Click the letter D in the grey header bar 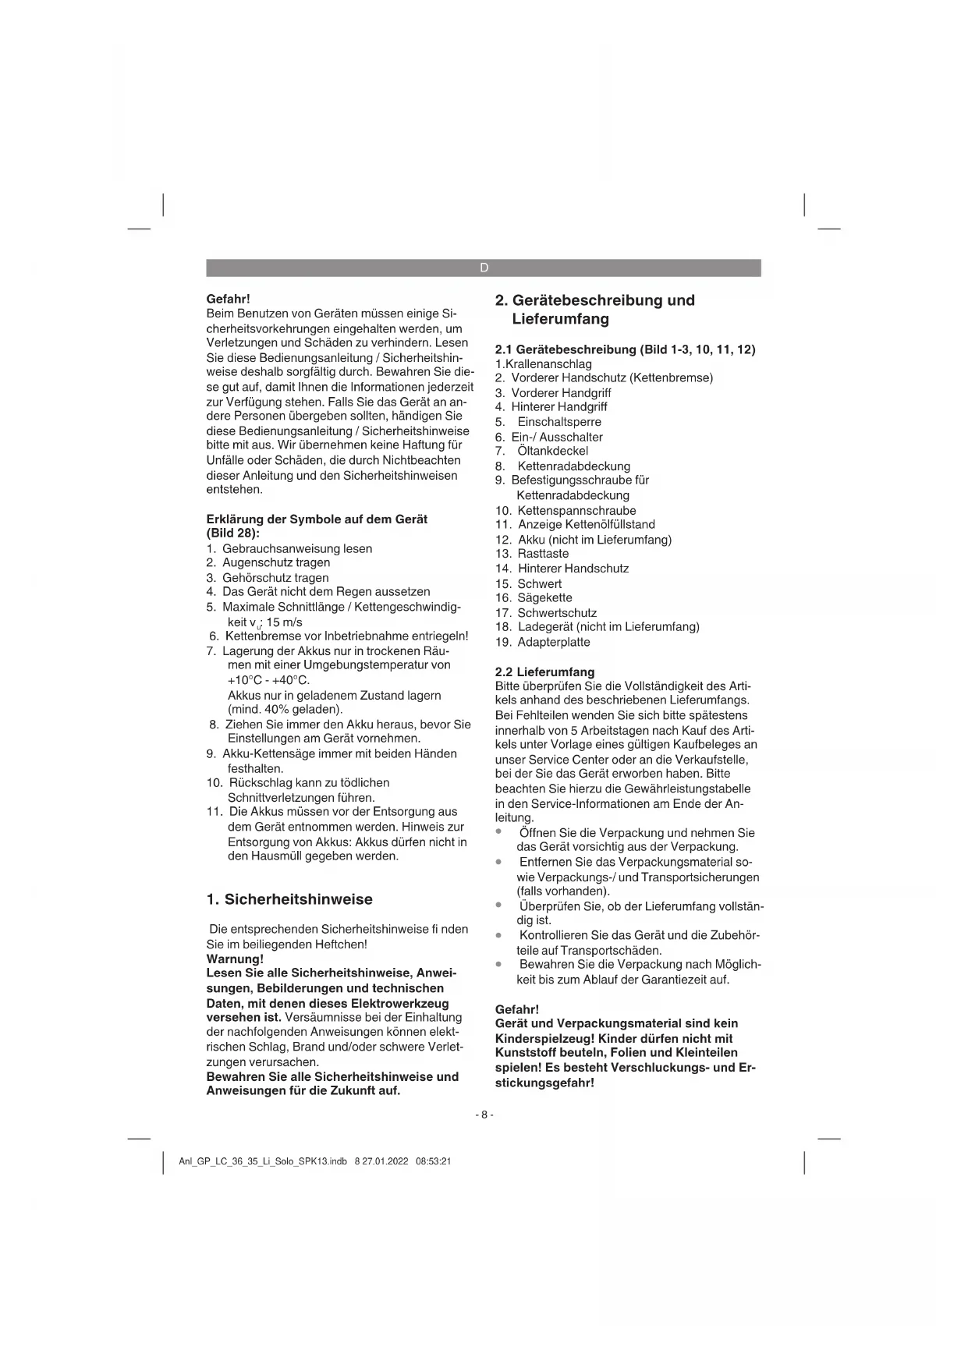pos(484,268)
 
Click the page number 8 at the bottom pos(484,1115)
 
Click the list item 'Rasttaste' pos(543,554)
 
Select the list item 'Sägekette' pos(544,598)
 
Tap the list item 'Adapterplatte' pos(554,643)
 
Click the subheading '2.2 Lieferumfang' pos(544,672)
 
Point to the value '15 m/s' pos(284,622)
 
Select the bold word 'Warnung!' pos(235,959)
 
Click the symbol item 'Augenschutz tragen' pos(276,562)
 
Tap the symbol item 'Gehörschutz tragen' pos(275,578)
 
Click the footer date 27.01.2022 pos(385,1161)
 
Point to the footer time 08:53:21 pos(434,1161)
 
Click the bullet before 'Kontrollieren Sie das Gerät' pos(498,935)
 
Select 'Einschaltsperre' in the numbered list pos(559,422)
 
